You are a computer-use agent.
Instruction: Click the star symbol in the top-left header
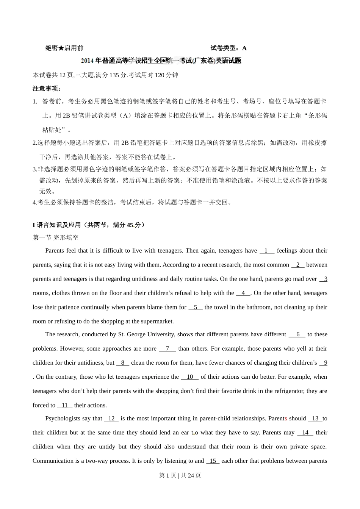[61, 48]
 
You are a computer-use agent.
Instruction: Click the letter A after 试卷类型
[244, 48]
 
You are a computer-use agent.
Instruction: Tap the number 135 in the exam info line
[114, 75]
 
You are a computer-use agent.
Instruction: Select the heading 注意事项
[47, 89]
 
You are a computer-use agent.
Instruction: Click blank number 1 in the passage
[266, 251]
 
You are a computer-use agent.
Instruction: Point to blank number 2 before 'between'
[298, 265]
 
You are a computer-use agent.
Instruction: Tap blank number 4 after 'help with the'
[243, 293]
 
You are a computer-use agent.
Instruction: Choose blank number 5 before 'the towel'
[196, 307]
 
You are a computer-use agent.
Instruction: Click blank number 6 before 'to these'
[298, 334]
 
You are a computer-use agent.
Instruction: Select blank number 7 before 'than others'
[167, 348]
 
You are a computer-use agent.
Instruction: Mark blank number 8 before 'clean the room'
[123, 363]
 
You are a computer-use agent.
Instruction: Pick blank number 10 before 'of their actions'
[190, 377]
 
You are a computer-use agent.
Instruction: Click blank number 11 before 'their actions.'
[65, 405]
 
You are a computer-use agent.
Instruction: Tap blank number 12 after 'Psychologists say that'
[111, 418]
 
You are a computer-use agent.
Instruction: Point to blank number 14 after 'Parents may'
[305, 432]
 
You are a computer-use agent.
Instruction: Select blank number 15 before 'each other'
[213, 461]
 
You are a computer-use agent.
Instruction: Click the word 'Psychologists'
[63, 418]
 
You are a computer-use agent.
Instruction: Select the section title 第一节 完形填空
[56, 238]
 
